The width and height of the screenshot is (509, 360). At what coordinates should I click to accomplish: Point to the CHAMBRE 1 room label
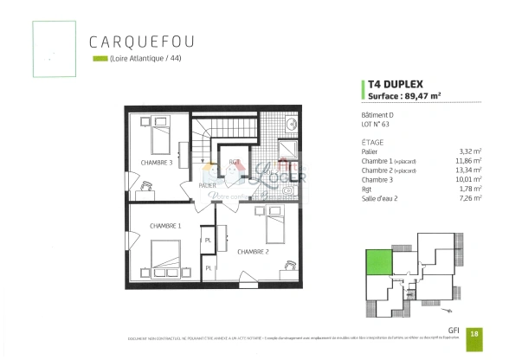164,225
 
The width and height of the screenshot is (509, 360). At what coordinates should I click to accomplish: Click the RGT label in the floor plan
234,162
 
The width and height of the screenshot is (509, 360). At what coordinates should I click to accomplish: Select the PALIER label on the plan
207,185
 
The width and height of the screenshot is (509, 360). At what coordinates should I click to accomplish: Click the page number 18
474,332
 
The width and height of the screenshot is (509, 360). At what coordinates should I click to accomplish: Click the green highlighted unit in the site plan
377,259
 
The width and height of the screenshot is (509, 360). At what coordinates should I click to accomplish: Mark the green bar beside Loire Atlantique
99,60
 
